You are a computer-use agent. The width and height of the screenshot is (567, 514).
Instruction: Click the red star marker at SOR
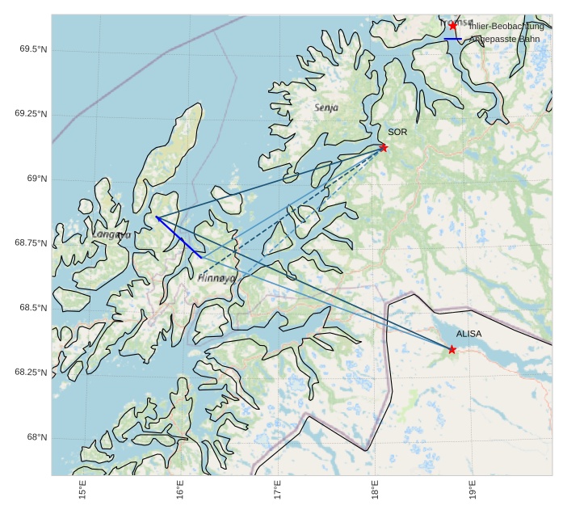pos(384,147)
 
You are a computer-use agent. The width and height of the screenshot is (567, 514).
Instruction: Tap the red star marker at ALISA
pos(451,349)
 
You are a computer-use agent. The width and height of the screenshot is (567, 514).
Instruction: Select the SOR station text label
pos(397,132)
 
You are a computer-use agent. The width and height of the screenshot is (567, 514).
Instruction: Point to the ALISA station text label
pos(468,333)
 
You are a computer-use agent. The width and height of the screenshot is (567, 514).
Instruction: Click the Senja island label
pos(326,107)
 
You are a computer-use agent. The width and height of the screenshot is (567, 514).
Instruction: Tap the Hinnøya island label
pos(216,277)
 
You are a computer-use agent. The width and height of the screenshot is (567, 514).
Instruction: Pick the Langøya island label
pos(111,235)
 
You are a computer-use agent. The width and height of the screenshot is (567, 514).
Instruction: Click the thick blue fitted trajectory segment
pos(178,238)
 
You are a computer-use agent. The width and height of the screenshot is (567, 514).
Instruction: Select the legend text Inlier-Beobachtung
pos(506,27)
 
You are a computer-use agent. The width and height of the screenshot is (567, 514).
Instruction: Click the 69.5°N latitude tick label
pos(33,49)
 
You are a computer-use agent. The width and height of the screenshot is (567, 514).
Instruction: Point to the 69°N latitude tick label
pos(37,179)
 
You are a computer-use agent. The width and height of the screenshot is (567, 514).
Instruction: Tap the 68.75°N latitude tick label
pos(31,243)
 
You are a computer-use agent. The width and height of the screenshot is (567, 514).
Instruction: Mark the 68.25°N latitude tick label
pos(31,373)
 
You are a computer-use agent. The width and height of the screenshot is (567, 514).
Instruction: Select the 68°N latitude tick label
pos(37,437)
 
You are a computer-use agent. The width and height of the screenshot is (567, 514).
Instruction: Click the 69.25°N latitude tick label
pos(31,114)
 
